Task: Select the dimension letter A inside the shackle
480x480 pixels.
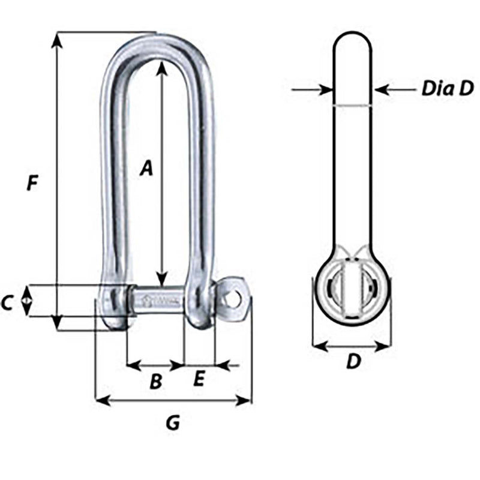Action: point(146,169)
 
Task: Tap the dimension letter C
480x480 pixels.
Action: point(7,304)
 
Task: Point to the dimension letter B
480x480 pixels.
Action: point(155,382)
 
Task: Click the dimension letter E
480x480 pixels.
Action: point(200,379)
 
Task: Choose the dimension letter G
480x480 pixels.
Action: point(172,424)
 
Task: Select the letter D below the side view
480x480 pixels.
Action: point(354,362)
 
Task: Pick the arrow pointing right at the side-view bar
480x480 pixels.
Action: point(324,90)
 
